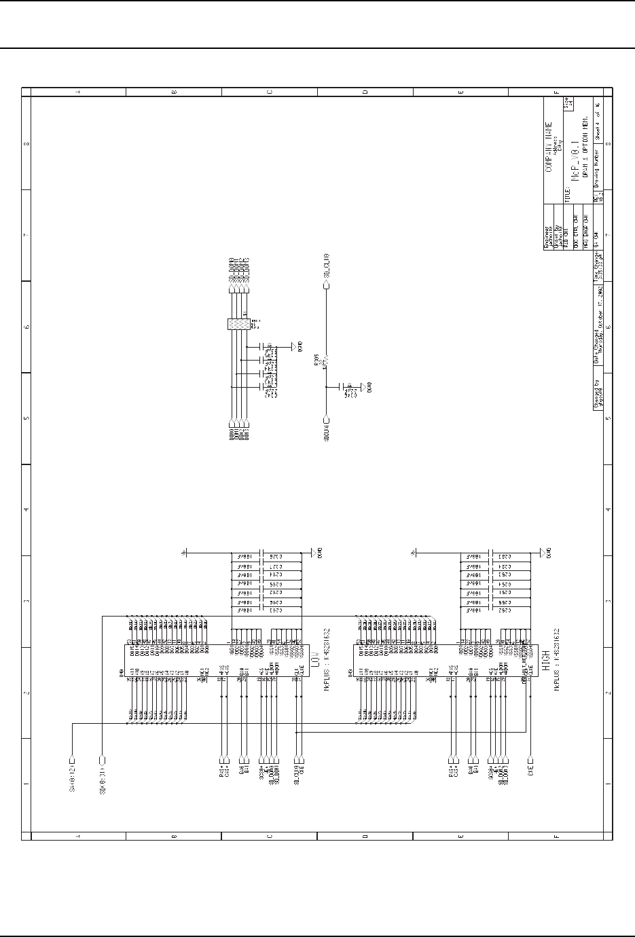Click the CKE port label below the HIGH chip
click(x=532, y=771)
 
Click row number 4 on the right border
click(x=609, y=509)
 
